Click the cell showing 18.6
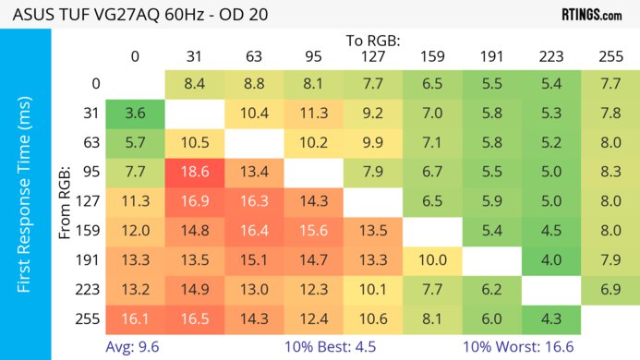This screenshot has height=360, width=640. [194, 173]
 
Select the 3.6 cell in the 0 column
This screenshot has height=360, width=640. [135, 114]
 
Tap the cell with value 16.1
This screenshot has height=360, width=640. [135, 319]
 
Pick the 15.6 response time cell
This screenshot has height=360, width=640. [313, 231]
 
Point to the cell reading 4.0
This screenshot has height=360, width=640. [551, 260]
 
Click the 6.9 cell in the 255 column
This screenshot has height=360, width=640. [610, 290]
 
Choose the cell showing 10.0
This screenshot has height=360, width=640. [432, 260]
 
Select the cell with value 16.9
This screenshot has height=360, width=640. [194, 202]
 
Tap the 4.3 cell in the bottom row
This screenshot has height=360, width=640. [551, 319]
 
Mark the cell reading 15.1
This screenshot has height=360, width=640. [254, 260]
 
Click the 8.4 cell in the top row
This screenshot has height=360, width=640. [194, 84]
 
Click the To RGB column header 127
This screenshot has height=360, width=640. [373, 56]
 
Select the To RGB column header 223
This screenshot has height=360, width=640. [551, 56]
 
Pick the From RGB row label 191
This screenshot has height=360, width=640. [89, 260]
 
